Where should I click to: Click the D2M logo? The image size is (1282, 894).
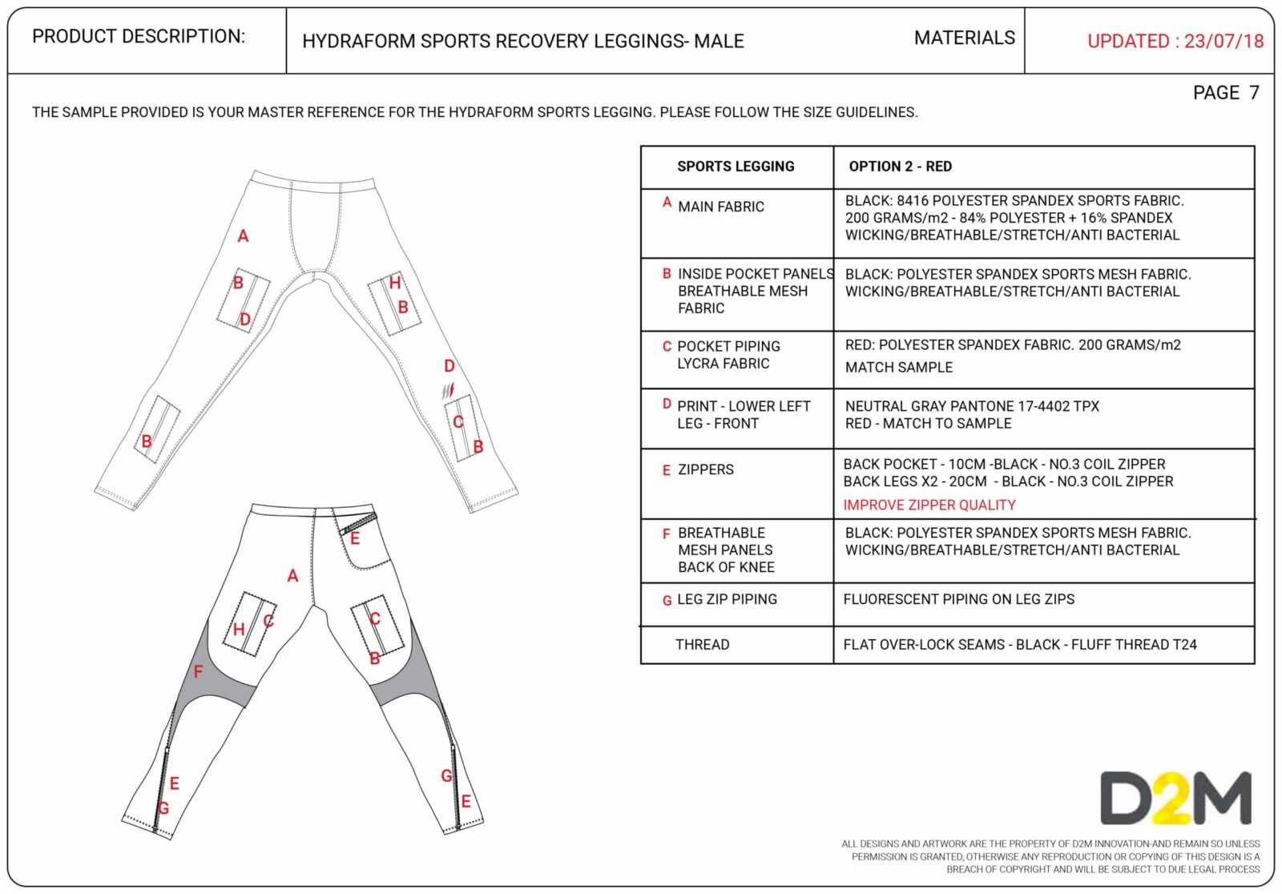[1175, 798]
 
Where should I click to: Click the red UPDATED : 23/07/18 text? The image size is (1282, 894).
[1175, 41]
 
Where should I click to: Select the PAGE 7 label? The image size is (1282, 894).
[1225, 93]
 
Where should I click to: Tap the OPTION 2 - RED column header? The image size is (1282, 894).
[900, 167]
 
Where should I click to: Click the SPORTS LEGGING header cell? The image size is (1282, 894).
[736, 167]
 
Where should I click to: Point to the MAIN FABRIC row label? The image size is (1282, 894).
[720, 207]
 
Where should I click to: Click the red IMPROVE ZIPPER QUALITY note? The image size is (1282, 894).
[929, 505]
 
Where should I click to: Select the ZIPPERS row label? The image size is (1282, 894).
[705, 469]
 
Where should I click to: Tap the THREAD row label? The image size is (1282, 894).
[702, 645]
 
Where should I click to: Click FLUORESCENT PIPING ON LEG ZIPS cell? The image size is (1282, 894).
[958, 599]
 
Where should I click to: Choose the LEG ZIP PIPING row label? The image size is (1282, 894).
[727, 599]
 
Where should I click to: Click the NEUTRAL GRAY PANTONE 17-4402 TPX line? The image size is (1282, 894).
[971, 406]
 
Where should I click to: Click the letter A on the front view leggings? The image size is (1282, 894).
[243, 236]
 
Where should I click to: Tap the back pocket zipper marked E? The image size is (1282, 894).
[358, 523]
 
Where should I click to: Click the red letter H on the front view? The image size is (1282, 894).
[394, 283]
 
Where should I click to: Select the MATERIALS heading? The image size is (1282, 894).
[964, 38]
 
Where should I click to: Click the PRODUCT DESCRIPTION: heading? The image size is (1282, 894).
[139, 37]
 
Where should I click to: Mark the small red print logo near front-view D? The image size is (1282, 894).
[448, 392]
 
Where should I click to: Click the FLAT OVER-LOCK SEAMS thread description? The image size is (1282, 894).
[1019, 645]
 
